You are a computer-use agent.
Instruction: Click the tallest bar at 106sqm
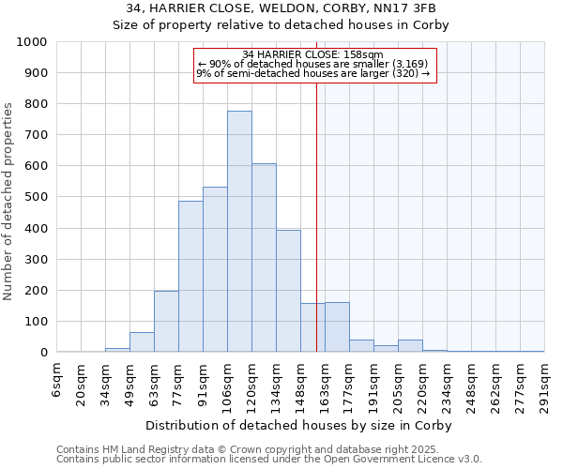(239, 232)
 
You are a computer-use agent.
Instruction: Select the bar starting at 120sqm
(264, 258)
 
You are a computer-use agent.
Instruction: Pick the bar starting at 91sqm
(215, 269)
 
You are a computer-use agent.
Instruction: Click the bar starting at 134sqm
(288, 291)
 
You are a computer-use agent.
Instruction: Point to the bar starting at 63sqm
(166, 322)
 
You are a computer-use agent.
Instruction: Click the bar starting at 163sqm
(337, 327)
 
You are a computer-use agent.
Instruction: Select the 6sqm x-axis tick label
(57, 379)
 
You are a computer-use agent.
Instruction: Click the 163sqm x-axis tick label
(326, 383)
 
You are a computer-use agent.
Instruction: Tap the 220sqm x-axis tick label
(423, 383)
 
